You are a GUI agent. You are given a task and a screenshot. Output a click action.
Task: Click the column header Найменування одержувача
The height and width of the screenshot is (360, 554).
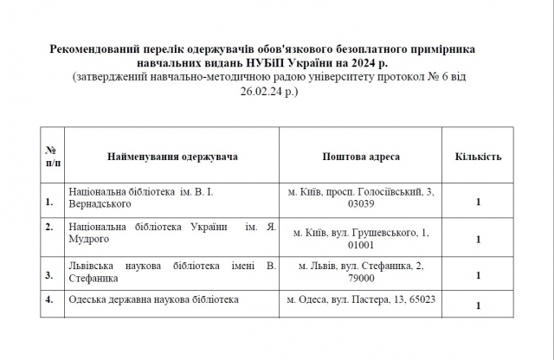172,157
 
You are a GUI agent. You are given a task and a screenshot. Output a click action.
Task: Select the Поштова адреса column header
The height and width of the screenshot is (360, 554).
360,157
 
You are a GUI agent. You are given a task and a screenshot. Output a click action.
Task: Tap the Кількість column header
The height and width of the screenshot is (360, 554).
477,157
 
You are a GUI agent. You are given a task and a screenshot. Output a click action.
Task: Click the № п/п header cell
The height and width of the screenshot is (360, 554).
51,157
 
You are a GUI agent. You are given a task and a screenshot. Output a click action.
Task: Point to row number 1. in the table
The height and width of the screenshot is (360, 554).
49,203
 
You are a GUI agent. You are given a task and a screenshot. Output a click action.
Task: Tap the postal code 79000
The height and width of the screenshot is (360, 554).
360,279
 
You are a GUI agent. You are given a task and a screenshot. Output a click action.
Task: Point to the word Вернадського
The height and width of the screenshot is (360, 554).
100,203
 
